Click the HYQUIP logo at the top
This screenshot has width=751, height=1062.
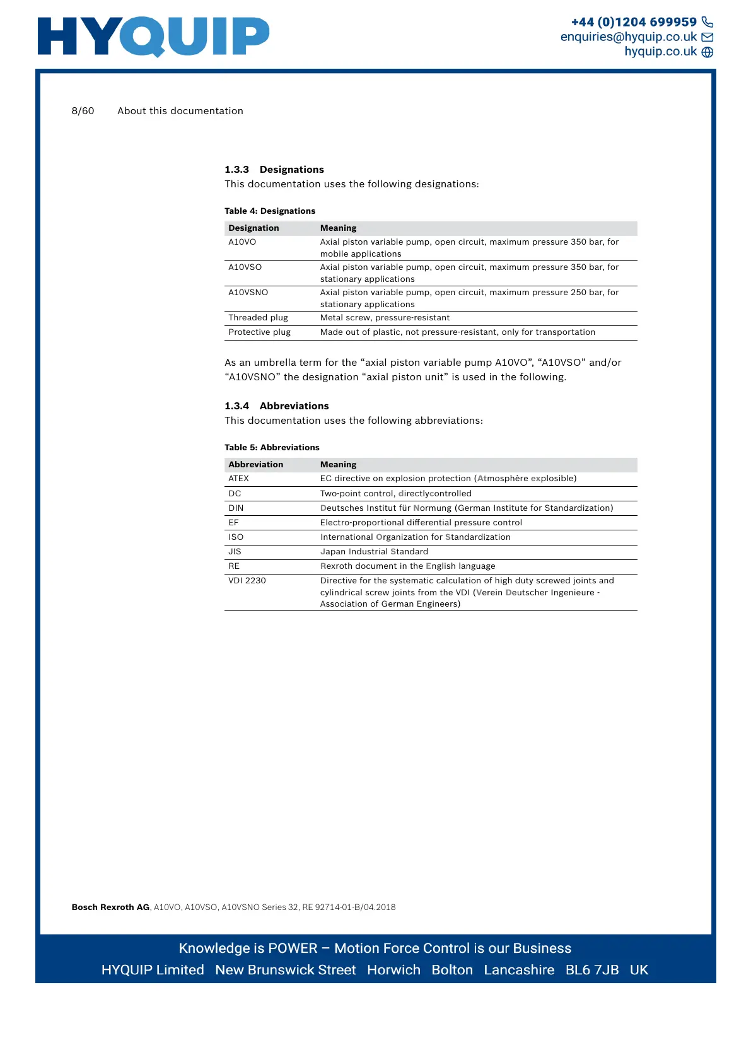(153, 36)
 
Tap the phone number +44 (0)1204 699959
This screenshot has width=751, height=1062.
(634, 22)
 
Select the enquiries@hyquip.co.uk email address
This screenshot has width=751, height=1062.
(629, 37)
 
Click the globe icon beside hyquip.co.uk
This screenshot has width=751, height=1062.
(707, 52)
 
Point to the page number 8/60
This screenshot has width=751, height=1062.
(83, 111)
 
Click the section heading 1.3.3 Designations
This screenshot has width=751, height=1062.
(274, 170)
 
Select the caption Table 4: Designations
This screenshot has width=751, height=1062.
(270, 211)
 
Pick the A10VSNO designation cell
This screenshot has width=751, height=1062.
(248, 293)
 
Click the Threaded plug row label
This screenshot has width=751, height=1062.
(258, 318)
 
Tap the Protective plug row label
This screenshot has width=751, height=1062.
(259, 332)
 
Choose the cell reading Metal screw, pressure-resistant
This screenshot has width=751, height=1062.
(385, 318)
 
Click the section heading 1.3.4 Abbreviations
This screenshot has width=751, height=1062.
(277, 406)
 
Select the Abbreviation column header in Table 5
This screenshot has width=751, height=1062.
(255, 465)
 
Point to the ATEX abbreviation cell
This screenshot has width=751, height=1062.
(238, 479)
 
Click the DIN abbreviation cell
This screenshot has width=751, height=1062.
(236, 508)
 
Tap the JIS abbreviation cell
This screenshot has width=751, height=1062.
(235, 552)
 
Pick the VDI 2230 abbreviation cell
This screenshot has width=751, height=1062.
(247, 581)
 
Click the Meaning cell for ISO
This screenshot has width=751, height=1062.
(415, 537)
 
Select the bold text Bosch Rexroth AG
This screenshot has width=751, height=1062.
(110, 907)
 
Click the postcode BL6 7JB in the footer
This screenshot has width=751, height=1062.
(591, 970)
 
